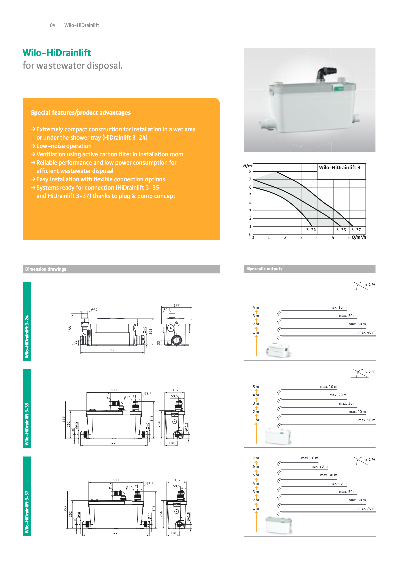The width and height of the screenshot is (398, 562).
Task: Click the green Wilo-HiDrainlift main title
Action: click(57, 53)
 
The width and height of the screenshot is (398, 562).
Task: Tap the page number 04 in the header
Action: click(53, 25)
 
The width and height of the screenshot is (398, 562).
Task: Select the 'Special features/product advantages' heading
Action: click(81, 113)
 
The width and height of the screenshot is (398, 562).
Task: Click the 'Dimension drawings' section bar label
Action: click(46, 269)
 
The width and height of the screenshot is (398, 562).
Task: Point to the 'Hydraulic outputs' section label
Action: click(264, 269)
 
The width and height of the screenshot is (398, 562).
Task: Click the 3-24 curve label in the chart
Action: click(311, 230)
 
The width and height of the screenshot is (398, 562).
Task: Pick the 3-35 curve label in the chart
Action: click(341, 230)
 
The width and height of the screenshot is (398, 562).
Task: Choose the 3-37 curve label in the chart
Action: click(356, 230)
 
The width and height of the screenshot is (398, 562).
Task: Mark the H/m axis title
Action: click(247, 166)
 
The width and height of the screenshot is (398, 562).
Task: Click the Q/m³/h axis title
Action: click(359, 237)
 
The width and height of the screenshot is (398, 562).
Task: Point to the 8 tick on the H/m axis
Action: click(250, 171)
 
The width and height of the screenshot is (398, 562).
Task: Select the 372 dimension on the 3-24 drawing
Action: click(111, 350)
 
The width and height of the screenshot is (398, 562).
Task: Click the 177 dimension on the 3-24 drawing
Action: click(176, 305)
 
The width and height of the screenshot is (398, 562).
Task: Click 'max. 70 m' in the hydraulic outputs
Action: click(367, 508)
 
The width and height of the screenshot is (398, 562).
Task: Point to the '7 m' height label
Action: click(256, 458)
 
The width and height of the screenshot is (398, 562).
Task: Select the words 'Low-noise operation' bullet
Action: click(64, 146)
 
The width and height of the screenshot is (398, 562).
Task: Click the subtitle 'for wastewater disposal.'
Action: click(73, 66)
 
